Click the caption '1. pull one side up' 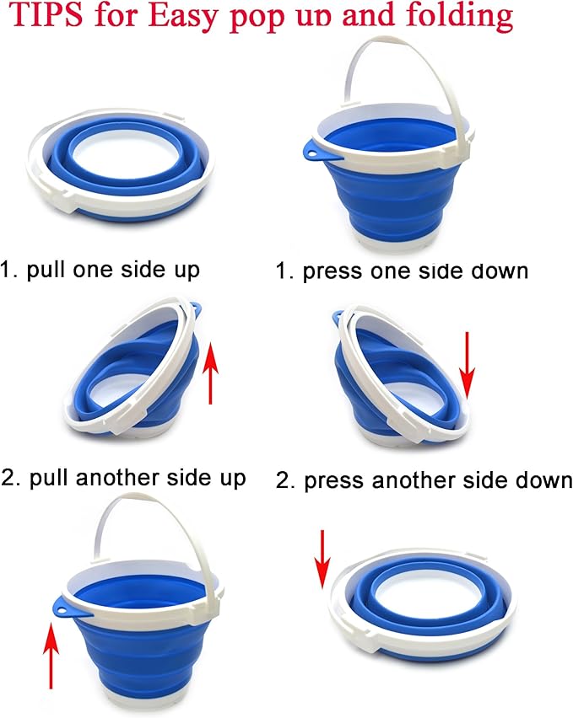pos(100,271)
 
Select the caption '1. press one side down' pos(402,271)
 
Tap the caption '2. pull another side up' pos(124,478)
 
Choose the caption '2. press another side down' pos(424,480)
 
